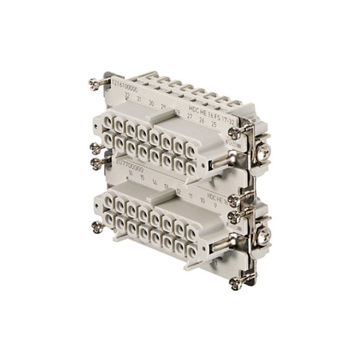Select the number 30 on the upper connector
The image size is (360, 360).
point(151,103)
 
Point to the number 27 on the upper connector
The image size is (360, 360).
point(189,116)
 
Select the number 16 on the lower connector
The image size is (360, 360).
point(130,172)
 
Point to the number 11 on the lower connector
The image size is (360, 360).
point(191,195)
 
